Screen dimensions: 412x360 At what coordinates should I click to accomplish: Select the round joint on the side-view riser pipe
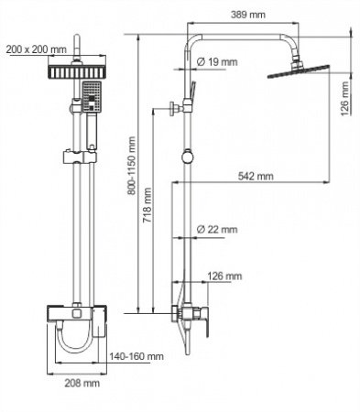click(x=188, y=157)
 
